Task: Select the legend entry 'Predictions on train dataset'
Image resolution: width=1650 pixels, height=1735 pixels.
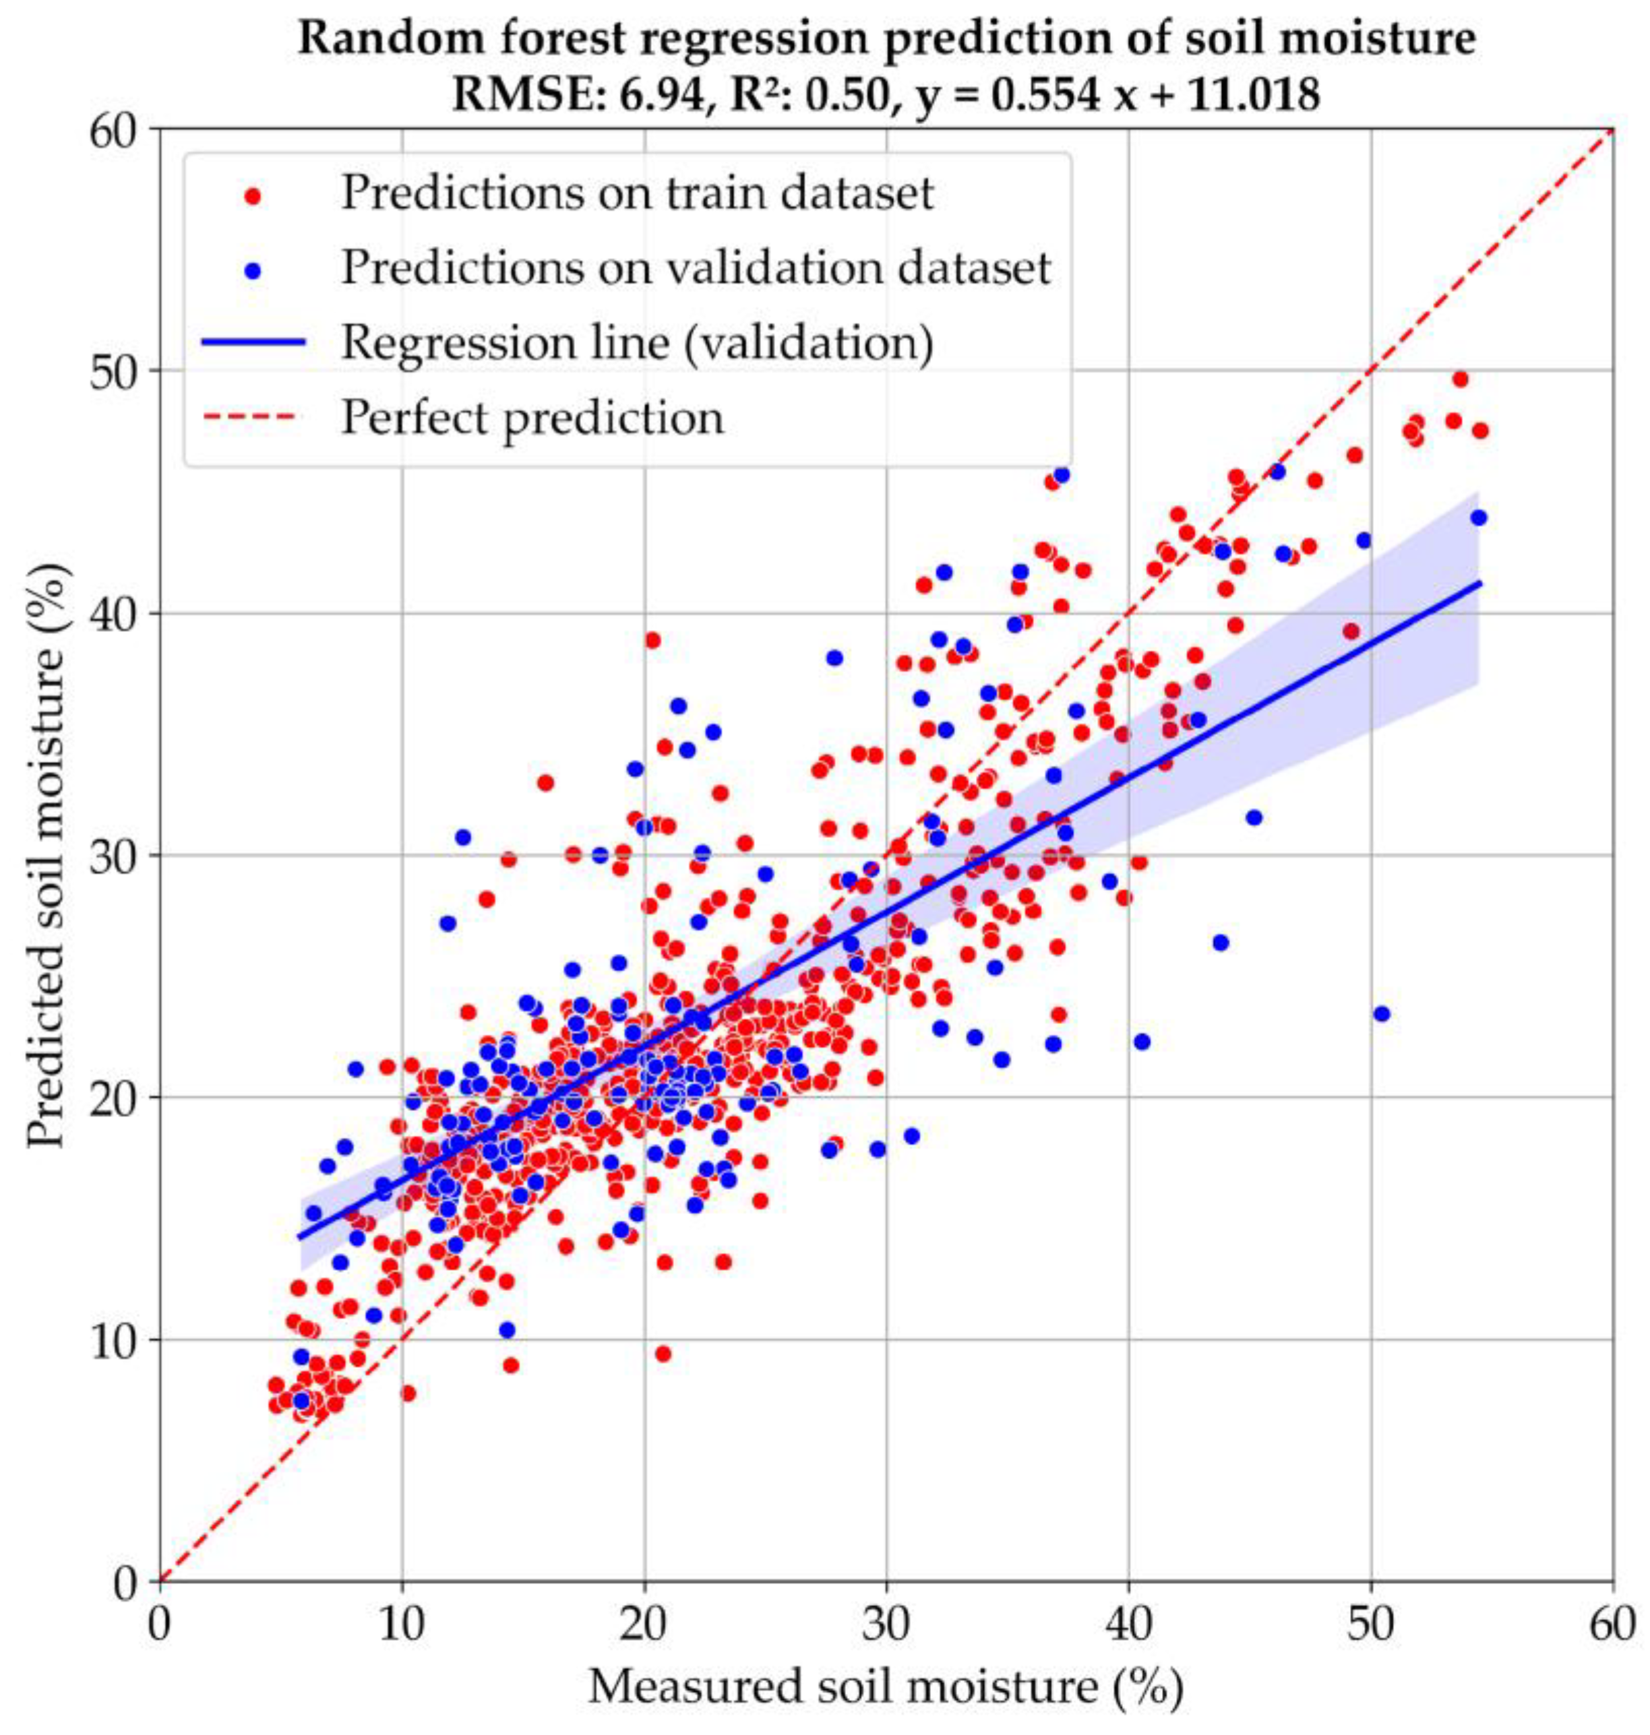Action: pos(637,192)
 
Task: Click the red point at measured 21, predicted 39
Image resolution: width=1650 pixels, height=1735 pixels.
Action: pos(652,640)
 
